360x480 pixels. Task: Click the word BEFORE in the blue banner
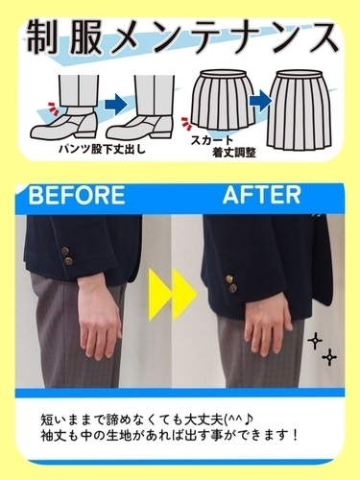pos(76,197)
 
